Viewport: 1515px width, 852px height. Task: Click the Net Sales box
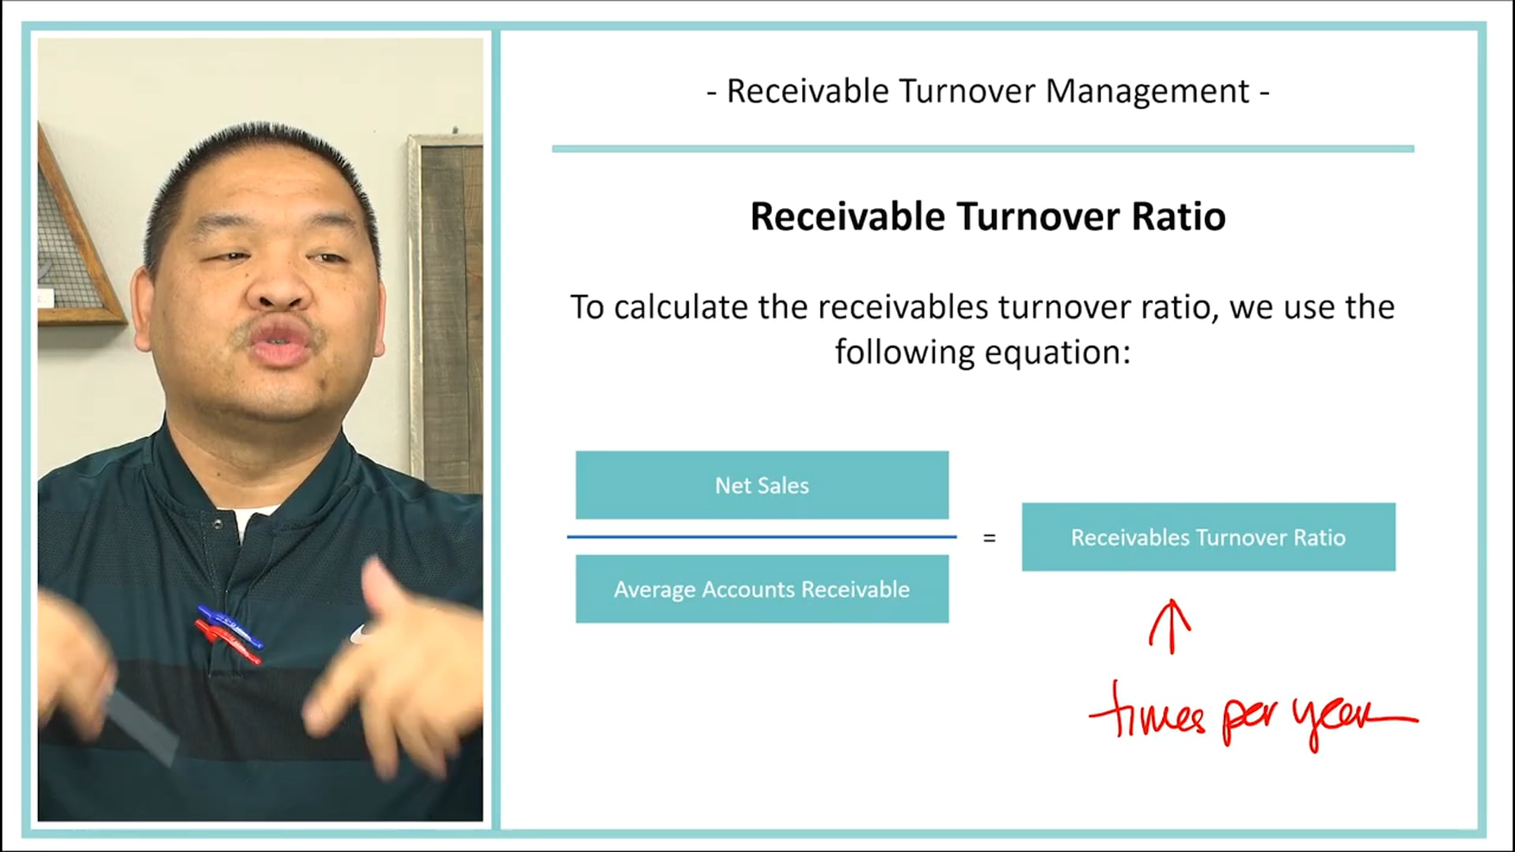click(761, 485)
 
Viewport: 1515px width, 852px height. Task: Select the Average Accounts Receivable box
click(761, 589)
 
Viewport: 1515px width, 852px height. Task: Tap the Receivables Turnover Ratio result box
click(1208, 537)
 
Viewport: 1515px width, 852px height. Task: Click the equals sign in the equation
click(989, 539)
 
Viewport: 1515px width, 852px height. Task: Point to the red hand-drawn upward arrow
click(1171, 627)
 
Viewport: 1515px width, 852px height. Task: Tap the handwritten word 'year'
click(1341, 718)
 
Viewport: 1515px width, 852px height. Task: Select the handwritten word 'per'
click(1251, 719)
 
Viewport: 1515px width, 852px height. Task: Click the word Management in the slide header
click(1147, 92)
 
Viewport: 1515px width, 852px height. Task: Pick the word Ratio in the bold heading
click(1179, 217)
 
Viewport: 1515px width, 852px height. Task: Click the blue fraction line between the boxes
click(761, 536)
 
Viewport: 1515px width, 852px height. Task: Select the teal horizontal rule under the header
click(982, 148)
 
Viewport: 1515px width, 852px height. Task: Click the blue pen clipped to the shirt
click(230, 626)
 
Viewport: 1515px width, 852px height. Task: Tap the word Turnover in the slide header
click(967, 92)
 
